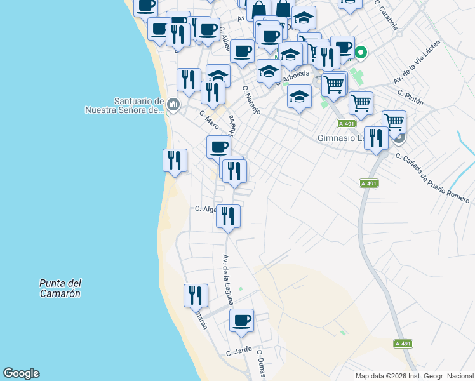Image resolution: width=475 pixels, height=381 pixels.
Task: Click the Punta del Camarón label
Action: pyautogui.click(x=60, y=288)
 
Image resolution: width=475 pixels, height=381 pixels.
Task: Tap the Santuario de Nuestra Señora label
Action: pyautogui.click(x=124, y=105)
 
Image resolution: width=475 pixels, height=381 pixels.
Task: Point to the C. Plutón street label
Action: pyautogui.click(x=410, y=99)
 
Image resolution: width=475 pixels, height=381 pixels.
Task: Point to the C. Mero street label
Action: pyautogui.click(x=209, y=119)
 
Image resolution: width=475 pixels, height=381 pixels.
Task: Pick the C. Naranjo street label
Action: pyautogui.click(x=251, y=100)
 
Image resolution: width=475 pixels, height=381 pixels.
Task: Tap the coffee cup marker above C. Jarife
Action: pyautogui.click(x=241, y=321)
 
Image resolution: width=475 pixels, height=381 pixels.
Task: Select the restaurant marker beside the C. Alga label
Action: pyautogui.click(x=228, y=217)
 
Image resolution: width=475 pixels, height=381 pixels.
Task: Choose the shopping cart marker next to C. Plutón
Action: pyautogui.click(x=361, y=102)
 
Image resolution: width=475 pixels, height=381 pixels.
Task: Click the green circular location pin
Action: pyautogui.click(x=361, y=53)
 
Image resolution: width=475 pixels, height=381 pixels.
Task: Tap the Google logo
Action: pyautogui.click(x=21, y=373)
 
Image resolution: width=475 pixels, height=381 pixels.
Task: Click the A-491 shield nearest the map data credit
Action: pyautogui.click(x=403, y=344)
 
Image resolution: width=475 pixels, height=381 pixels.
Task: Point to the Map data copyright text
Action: pyautogui.click(x=414, y=376)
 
